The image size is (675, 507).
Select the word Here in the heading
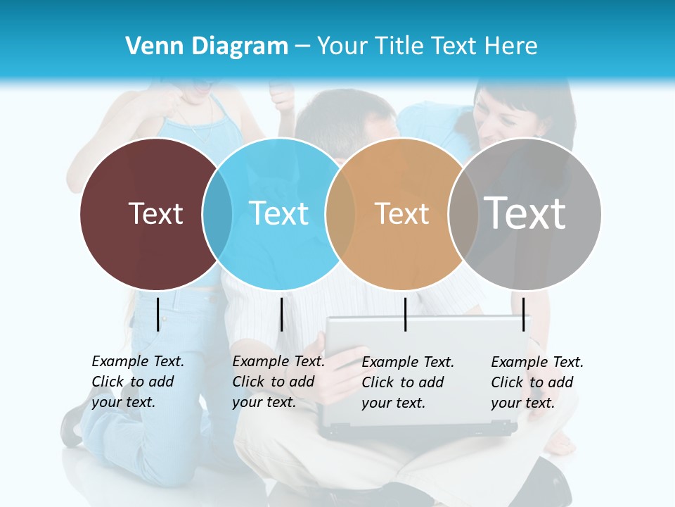[510, 46]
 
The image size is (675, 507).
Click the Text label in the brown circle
[155, 213]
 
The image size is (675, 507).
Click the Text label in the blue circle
[279, 213]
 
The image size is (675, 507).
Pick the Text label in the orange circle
[401, 213]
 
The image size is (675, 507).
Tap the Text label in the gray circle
[525, 213]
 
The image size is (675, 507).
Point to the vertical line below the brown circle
[157, 314]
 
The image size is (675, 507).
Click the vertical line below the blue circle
[281, 314]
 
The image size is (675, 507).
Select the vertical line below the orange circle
[405, 314]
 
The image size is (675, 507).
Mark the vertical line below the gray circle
[523, 314]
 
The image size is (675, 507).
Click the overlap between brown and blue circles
[217, 213]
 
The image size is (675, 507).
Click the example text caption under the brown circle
[137, 382]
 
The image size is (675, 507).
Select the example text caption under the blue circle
[278, 382]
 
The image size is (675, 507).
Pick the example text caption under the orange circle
[407, 382]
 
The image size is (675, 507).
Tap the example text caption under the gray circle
[536, 382]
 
